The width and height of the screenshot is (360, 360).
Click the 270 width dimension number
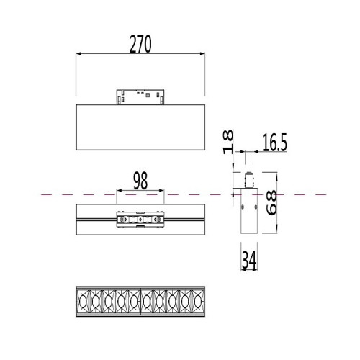(140, 44)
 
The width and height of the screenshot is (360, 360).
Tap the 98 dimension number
(140, 181)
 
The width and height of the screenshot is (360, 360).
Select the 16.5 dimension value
(274, 143)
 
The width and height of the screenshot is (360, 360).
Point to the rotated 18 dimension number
(228, 142)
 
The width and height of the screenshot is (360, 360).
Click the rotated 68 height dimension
(272, 203)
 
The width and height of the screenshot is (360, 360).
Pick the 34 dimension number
(249, 260)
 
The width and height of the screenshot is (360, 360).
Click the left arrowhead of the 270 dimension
(79, 54)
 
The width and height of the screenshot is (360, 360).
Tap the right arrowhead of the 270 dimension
(202, 54)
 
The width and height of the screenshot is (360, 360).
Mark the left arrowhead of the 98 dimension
(120, 191)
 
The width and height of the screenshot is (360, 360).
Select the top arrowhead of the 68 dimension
(276, 176)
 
